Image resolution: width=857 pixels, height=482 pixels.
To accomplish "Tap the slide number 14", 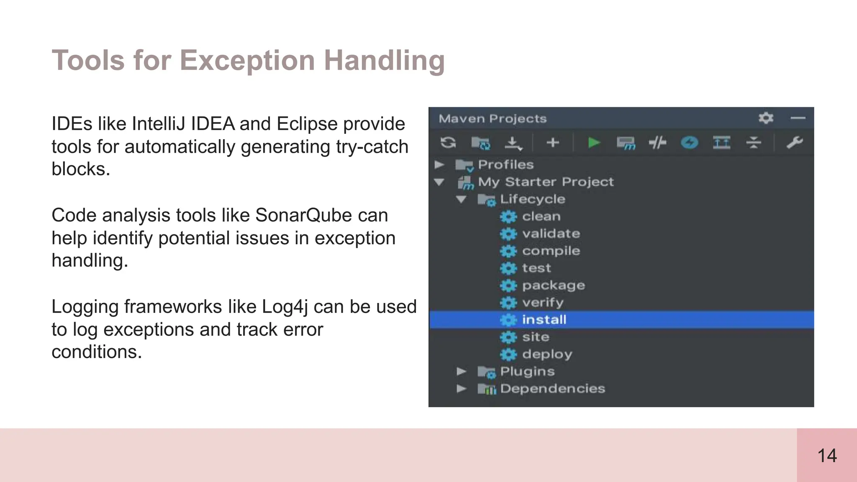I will (x=827, y=456).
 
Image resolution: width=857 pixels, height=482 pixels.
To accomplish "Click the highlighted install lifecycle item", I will (x=544, y=320).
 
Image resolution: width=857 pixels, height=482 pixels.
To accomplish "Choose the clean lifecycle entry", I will (x=541, y=216).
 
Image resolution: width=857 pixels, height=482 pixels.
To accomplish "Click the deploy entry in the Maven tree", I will (x=547, y=354).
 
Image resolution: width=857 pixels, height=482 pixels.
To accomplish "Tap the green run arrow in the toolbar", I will (x=594, y=143).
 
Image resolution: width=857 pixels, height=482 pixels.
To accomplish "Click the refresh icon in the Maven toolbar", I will (x=448, y=143).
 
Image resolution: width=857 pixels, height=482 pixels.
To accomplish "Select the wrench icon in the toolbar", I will (x=794, y=143).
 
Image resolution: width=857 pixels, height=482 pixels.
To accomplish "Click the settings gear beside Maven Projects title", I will (x=766, y=118).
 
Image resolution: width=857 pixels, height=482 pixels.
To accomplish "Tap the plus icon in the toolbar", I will (x=553, y=143).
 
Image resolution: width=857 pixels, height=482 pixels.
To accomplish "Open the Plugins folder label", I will (x=527, y=372).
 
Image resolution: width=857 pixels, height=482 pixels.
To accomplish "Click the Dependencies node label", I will (x=552, y=389).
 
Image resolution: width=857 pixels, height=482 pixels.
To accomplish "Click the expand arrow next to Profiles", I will (x=439, y=165).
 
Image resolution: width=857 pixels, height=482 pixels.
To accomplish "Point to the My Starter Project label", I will (x=546, y=182).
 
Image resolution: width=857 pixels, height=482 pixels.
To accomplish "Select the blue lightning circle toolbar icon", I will (x=689, y=143).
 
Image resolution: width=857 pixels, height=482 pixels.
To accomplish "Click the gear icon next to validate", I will (x=508, y=234).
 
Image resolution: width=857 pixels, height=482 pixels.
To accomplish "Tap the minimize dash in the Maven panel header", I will (x=798, y=118).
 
